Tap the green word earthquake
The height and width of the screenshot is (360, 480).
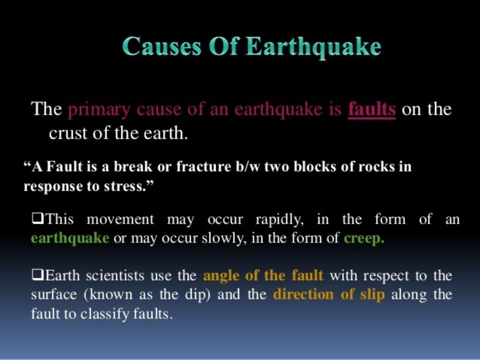(70, 238)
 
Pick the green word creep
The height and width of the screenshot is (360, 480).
(364, 239)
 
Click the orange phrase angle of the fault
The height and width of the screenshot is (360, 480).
(263, 276)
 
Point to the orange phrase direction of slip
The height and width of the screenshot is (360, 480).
(329, 295)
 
